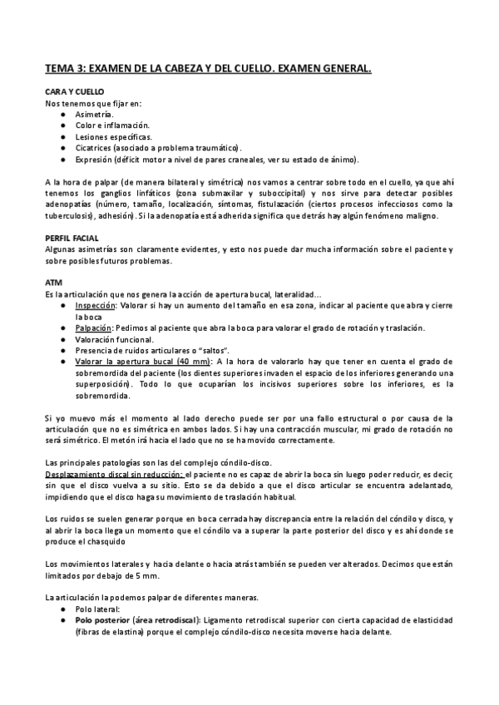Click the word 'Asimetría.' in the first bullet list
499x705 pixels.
pos(94,112)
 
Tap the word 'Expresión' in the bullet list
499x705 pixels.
pos(92,159)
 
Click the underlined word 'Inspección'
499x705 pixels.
pos(93,305)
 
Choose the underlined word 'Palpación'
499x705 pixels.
pos(92,328)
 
